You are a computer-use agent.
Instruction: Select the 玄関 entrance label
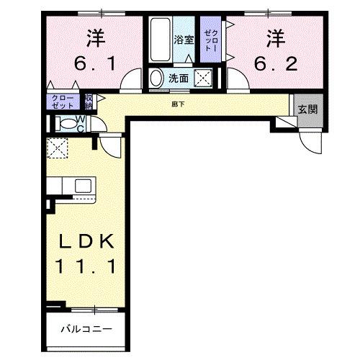307,110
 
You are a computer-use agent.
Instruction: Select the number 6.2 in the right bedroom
275,65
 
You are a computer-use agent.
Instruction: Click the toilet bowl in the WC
66,122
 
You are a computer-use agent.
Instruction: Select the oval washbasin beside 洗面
156,78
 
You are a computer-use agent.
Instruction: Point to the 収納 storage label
89,101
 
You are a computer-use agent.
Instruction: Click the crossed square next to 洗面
204,78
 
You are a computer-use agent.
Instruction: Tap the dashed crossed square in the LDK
57,148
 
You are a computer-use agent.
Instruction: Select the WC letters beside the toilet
81,123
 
